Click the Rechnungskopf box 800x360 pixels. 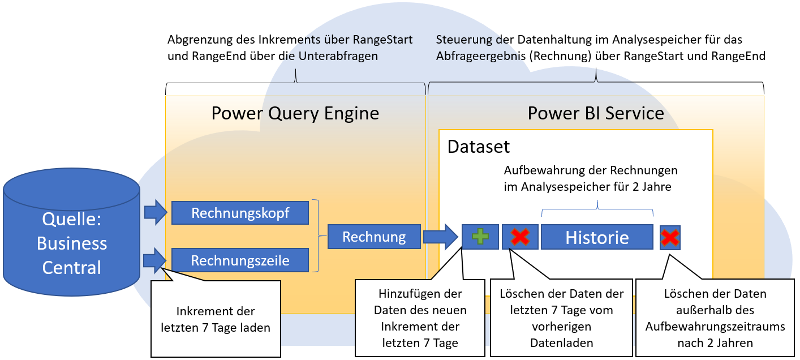click(240, 213)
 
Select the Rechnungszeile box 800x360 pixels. click(240, 260)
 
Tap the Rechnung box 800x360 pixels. click(374, 237)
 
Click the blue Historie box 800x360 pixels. click(597, 237)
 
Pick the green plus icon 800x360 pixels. click(480, 237)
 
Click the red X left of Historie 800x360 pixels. click(520, 237)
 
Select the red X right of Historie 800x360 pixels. click(670, 238)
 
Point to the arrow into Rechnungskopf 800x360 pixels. click(156, 212)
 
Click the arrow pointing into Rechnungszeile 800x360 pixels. click(155, 260)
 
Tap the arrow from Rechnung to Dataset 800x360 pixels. click(441, 237)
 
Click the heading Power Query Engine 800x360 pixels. click(295, 114)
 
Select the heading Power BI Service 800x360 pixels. click(596, 113)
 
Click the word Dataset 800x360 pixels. click(479, 147)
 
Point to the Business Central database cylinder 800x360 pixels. click(71, 232)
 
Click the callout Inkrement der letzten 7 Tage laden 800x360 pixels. click(216, 319)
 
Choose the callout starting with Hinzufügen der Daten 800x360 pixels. click(420, 318)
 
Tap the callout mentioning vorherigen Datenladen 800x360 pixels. click(561, 318)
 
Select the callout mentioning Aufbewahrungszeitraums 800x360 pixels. click(715, 318)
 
